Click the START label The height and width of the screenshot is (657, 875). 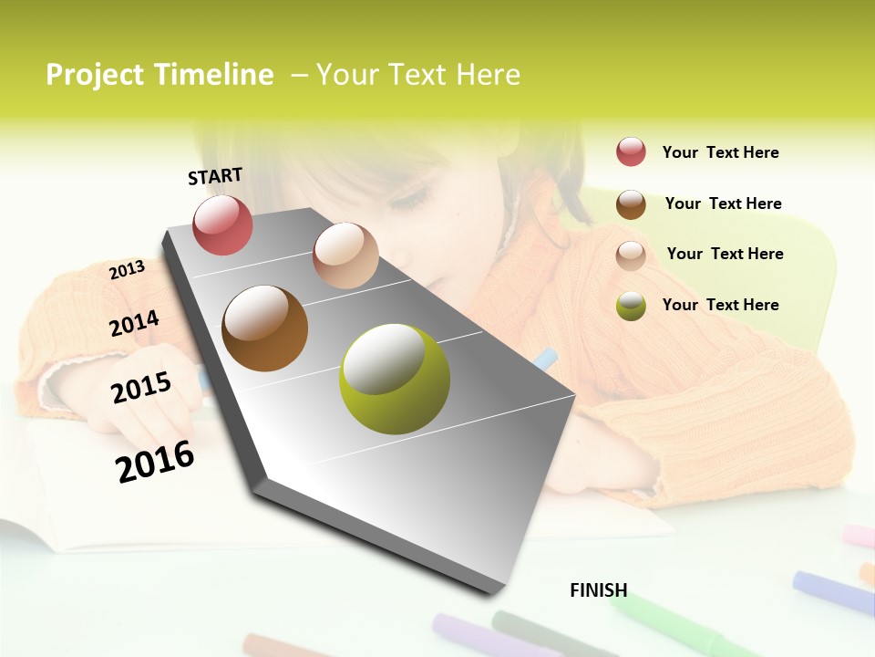[215, 176]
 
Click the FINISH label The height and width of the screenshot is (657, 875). [599, 590]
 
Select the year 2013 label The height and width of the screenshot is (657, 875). [128, 270]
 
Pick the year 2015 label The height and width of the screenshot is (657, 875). [141, 388]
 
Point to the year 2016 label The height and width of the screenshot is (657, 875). [156, 462]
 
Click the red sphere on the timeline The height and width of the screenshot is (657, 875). [223, 225]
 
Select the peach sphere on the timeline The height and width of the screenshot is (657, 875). [345, 255]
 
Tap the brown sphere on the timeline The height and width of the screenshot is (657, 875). [265, 328]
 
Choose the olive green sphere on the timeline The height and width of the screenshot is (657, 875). [395, 379]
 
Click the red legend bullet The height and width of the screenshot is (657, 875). [631, 152]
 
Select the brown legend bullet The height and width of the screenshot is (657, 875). [631, 204]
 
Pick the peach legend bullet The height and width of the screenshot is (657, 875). [631, 255]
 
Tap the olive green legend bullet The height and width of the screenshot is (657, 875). [631, 306]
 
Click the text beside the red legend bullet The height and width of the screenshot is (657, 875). [721, 153]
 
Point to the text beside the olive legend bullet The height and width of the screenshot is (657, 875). [721, 305]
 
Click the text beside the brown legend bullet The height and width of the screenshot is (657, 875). [724, 203]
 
